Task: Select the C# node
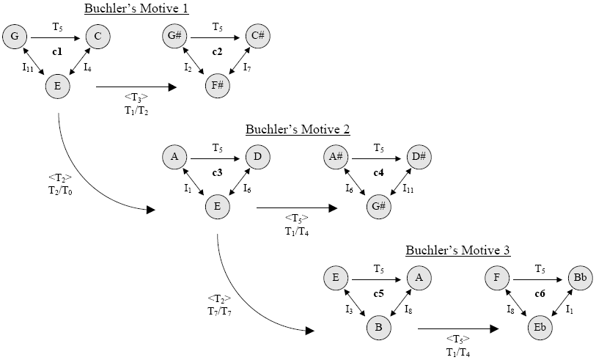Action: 256,34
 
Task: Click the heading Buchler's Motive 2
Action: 298,130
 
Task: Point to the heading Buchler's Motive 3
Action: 458,251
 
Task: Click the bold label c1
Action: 56,51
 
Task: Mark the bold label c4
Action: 378,173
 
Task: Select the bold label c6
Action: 540,294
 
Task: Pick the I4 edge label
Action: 87,68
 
